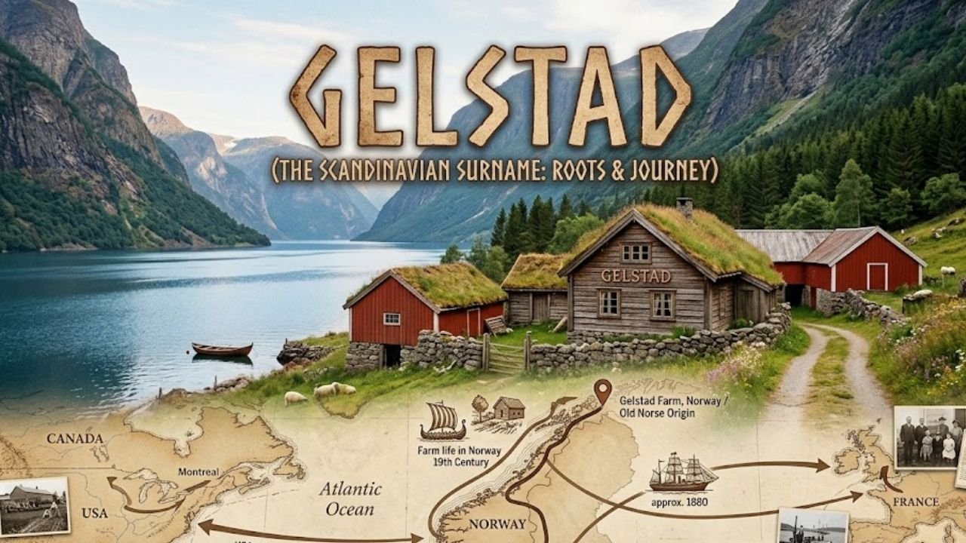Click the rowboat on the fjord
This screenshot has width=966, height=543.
222,348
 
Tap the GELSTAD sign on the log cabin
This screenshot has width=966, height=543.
635,276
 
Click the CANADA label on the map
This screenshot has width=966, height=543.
75,438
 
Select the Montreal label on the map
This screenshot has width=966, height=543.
198,472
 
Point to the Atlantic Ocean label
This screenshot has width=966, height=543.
350,499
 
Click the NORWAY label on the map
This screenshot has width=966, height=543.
497,524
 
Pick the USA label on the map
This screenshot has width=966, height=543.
95,513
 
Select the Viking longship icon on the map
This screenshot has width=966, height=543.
442,421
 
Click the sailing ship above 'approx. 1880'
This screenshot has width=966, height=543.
682,473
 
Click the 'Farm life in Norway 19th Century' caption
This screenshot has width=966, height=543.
448,456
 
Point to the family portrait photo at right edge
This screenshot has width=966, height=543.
929,437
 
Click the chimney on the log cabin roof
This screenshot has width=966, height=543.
685,207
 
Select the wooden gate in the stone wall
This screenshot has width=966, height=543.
506,354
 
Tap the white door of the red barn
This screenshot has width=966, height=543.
877,276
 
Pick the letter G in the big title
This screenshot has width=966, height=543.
317,97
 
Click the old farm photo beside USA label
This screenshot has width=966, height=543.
33,506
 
